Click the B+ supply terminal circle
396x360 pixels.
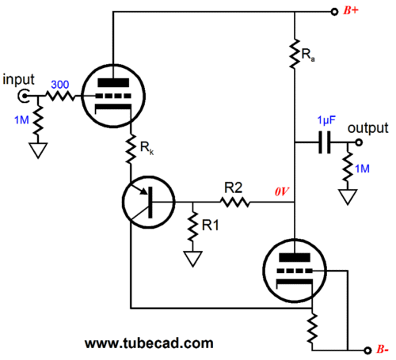(334, 12)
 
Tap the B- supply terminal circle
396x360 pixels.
(367, 351)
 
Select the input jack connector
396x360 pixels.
(23, 96)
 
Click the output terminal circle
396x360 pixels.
(358, 142)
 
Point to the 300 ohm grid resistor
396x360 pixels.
(60, 96)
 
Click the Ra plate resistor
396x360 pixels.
(295, 54)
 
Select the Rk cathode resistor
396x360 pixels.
(131, 148)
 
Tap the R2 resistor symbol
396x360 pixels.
(234, 203)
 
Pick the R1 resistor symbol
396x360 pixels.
(192, 225)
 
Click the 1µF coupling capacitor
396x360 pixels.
(325, 142)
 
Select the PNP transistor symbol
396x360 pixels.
(149, 202)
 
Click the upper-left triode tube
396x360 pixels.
(113, 96)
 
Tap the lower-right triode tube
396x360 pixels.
(295, 271)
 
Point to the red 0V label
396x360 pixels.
(282, 191)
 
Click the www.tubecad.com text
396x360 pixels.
(149, 343)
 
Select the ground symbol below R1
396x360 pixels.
(192, 259)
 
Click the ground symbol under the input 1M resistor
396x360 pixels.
(38, 150)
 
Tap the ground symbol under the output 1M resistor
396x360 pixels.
(348, 197)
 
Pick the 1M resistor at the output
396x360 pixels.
(348, 167)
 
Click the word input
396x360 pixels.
(18, 79)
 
